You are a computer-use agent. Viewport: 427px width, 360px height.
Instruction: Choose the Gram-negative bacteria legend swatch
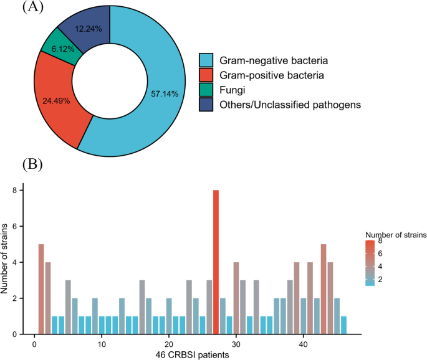[206, 61]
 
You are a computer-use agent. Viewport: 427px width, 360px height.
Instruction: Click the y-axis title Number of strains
[7, 262]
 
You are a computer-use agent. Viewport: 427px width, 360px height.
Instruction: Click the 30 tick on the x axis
[236, 343]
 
